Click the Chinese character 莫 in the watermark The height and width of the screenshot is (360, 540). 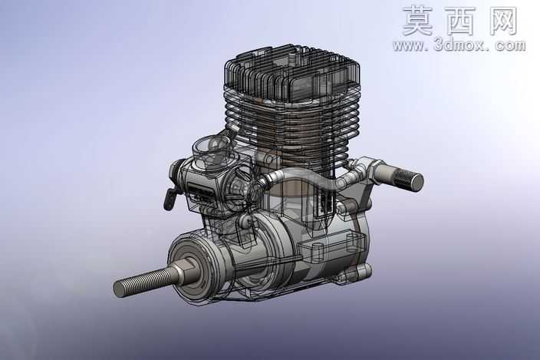tap(417, 21)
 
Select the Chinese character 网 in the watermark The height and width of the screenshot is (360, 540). tap(503, 21)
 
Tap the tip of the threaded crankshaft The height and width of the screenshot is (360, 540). tap(118, 289)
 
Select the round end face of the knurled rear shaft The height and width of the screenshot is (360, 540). tap(417, 181)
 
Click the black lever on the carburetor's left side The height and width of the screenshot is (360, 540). tap(169, 199)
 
